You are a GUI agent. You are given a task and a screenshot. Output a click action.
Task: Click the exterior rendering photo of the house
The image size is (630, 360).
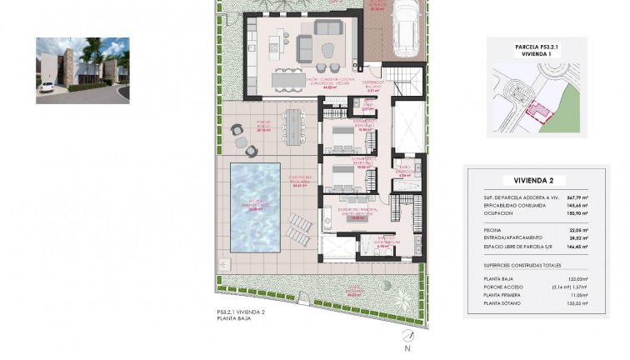[x=82, y=70]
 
